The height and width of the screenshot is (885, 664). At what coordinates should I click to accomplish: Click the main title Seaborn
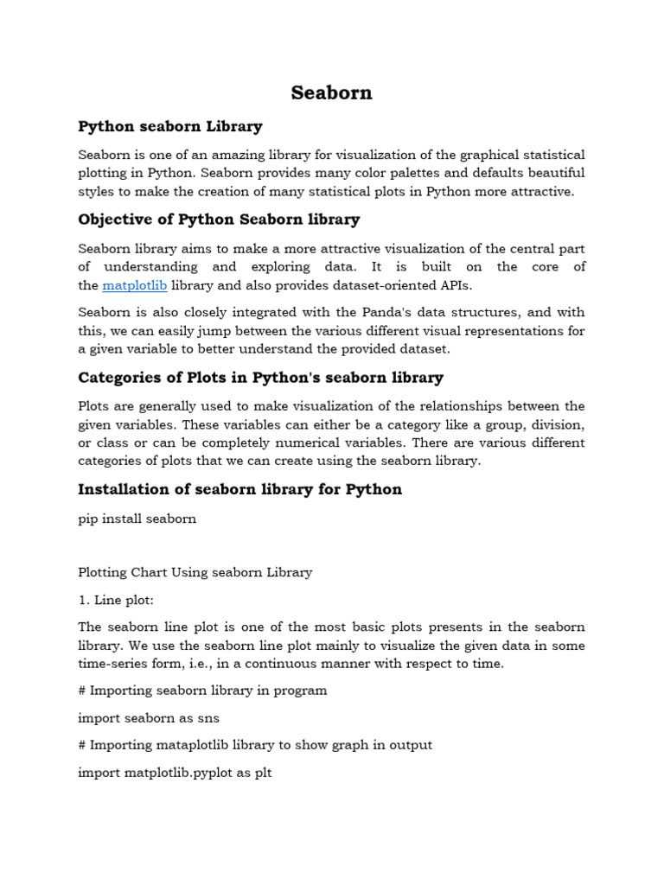point(331,92)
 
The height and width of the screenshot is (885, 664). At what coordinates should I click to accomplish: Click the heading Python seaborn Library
point(170,126)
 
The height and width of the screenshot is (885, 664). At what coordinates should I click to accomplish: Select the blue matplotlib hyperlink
point(134,285)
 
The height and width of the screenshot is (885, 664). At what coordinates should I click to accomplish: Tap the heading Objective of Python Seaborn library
point(219,220)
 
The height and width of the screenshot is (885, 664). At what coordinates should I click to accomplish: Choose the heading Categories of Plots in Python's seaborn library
point(260,378)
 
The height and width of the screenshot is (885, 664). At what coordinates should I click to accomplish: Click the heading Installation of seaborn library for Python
point(239,489)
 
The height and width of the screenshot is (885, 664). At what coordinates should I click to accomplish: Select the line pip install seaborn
point(137,519)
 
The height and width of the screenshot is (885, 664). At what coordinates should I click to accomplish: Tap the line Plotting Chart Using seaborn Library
point(195,572)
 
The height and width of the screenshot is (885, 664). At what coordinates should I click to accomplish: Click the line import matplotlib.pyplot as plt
point(175,773)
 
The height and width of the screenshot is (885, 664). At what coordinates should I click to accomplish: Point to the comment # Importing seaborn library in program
point(202,691)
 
